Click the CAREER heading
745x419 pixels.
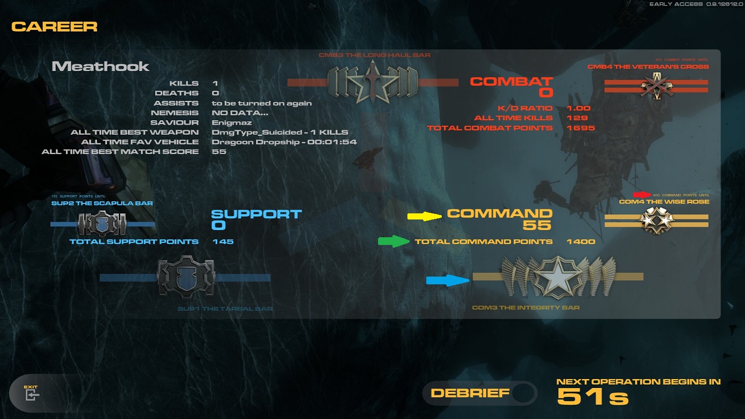click(x=54, y=26)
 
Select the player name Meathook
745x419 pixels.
click(x=100, y=67)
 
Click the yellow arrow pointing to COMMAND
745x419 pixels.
click(x=425, y=216)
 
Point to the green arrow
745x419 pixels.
click(x=394, y=241)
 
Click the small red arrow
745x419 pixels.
click(x=642, y=195)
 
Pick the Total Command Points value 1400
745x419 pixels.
click(x=580, y=242)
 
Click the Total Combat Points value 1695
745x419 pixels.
click(x=580, y=128)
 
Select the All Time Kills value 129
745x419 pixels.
click(x=577, y=118)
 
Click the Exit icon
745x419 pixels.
click(x=32, y=395)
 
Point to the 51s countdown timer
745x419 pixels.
click(x=593, y=397)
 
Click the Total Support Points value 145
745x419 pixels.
click(x=223, y=242)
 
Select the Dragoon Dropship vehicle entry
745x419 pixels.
click(x=284, y=142)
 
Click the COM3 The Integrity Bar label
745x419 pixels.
click(x=525, y=308)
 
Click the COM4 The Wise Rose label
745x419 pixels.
click(x=664, y=202)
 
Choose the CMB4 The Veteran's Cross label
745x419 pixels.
click(x=648, y=67)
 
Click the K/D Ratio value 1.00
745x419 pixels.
click(x=579, y=108)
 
